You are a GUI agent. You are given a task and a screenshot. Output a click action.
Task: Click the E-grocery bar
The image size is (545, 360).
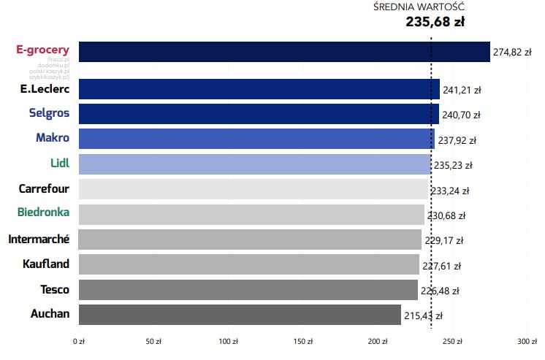click(x=284, y=52)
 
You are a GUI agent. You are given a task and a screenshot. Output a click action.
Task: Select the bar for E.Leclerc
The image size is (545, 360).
click(x=259, y=89)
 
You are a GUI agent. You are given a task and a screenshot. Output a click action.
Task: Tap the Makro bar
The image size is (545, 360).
click(x=256, y=139)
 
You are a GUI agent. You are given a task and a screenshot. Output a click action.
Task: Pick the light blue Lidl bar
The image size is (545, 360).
click(x=255, y=164)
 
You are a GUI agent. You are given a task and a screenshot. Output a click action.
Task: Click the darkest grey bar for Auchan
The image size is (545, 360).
click(x=240, y=315)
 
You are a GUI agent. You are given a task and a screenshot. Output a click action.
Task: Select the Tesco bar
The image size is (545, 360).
click(x=248, y=290)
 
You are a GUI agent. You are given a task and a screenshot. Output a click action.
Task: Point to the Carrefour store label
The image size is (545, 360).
click(x=44, y=189)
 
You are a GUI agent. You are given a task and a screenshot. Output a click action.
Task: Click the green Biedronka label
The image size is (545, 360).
click(x=44, y=213)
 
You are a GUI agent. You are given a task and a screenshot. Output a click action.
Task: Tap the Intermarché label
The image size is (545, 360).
click(x=39, y=239)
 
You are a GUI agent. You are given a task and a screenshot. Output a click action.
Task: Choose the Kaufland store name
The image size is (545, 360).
click(x=46, y=264)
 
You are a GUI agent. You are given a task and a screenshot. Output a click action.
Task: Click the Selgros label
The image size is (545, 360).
click(x=49, y=113)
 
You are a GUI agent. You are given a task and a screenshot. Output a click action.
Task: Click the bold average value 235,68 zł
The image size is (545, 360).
click(x=435, y=22)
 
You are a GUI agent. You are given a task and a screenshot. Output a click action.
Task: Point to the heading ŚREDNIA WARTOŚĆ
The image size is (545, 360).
click(x=418, y=7)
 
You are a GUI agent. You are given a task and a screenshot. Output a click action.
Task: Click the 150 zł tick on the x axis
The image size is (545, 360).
click(x=303, y=341)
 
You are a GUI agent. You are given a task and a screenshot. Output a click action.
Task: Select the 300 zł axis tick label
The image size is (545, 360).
click(x=527, y=341)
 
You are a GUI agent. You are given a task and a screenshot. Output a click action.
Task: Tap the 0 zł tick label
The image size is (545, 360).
click(x=79, y=341)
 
